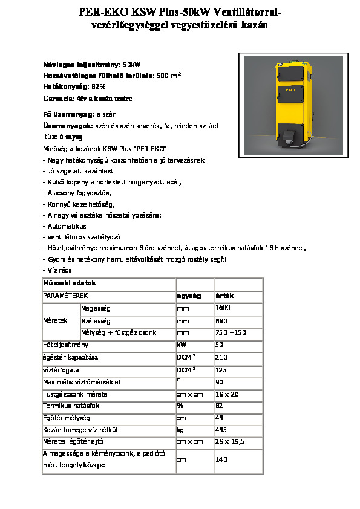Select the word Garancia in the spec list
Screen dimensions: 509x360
tap(56, 98)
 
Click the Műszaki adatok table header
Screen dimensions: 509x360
tap(67, 284)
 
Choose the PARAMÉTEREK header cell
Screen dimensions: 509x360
tap(65, 296)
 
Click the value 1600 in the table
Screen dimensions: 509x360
tap(223, 308)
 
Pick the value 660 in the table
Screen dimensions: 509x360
tap(221, 320)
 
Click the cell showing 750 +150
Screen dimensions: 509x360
tap(230, 332)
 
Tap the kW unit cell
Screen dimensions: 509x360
tap(181, 345)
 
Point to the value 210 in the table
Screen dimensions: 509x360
tap(221, 357)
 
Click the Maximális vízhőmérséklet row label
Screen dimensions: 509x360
tap(82, 382)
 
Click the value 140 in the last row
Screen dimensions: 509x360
tap(221, 460)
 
